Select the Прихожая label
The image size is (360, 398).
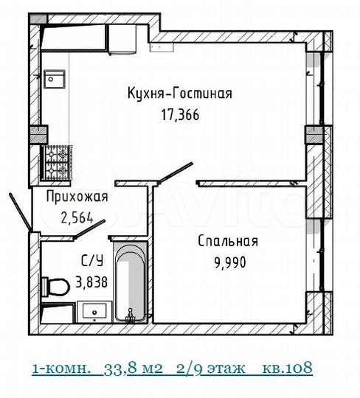(77, 197)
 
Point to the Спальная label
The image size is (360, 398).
(227, 241)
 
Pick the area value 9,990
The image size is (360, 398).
(227, 262)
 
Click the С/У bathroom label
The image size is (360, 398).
(91, 259)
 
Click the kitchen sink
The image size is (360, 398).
(55, 77)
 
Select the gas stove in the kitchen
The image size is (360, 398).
(55, 163)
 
